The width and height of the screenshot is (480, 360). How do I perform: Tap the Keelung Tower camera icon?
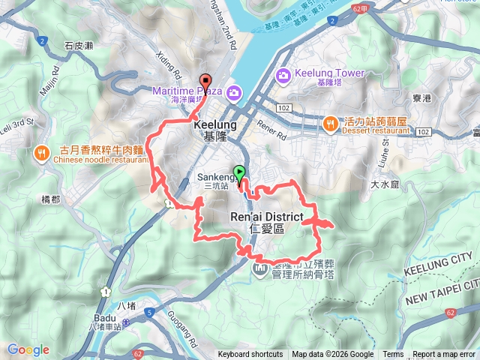tap(283, 75)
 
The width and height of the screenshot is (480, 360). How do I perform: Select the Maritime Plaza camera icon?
tap(233, 91)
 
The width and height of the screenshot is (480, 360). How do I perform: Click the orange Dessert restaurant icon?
tap(330, 123)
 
